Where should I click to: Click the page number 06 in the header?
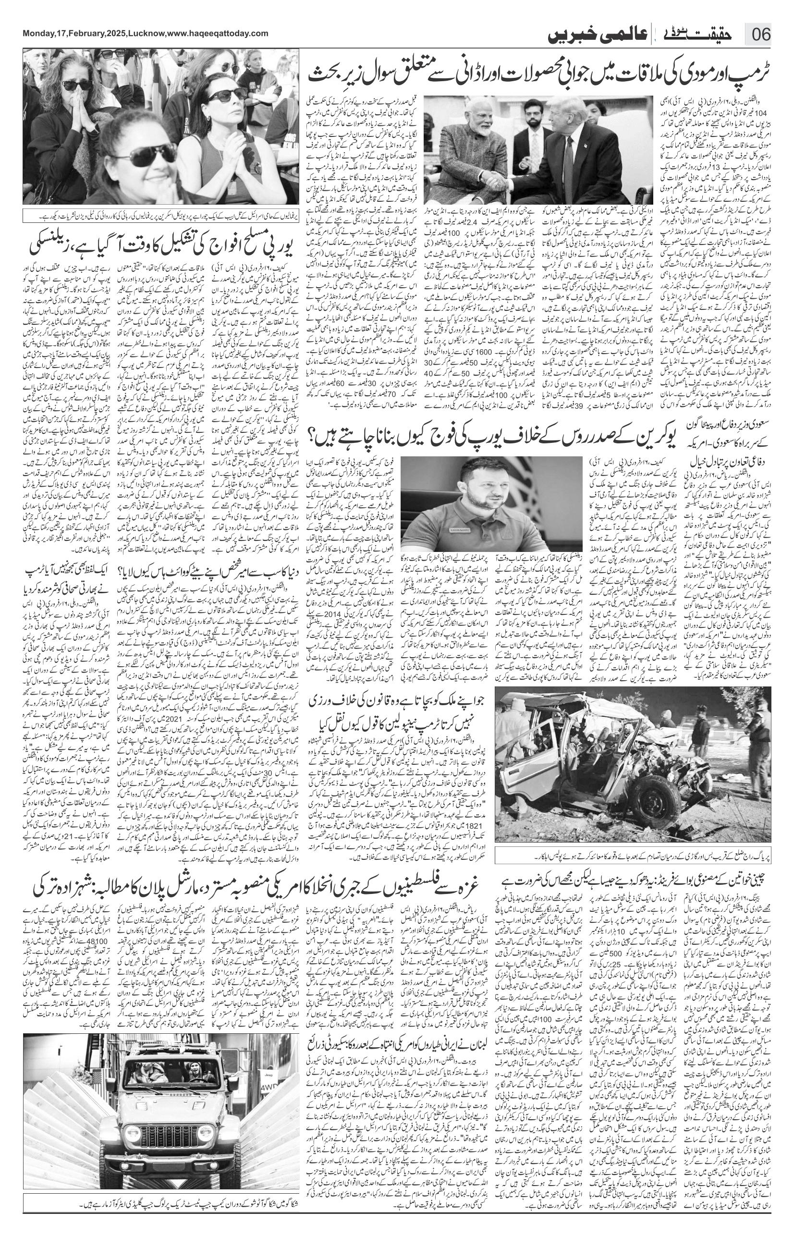tap(760, 36)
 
